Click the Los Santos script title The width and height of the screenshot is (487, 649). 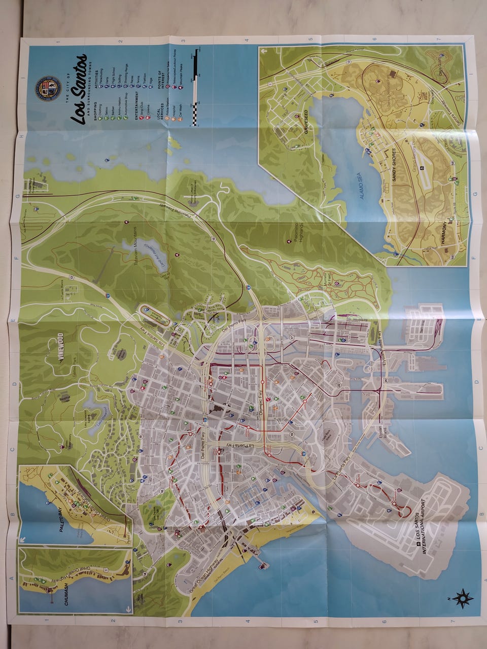tap(80, 89)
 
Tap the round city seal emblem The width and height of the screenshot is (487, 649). tap(45, 87)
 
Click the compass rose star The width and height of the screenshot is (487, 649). tap(463, 599)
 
